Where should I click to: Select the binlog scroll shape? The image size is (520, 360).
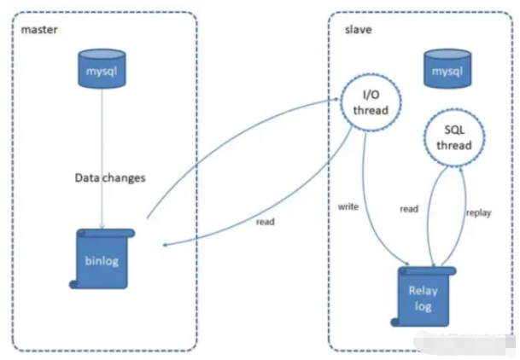[x=102, y=258]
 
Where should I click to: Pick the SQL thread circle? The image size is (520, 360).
[x=454, y=137]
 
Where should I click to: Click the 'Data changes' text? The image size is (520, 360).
[x=111, y=178]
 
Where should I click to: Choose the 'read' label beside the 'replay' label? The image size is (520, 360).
[x=409, y=208]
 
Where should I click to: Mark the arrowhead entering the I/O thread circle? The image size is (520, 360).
[x=337, y=99]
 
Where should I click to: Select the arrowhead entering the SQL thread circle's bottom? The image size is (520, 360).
[x=461, y=166]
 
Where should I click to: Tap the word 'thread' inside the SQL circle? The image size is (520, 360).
[x=454, y=145]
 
